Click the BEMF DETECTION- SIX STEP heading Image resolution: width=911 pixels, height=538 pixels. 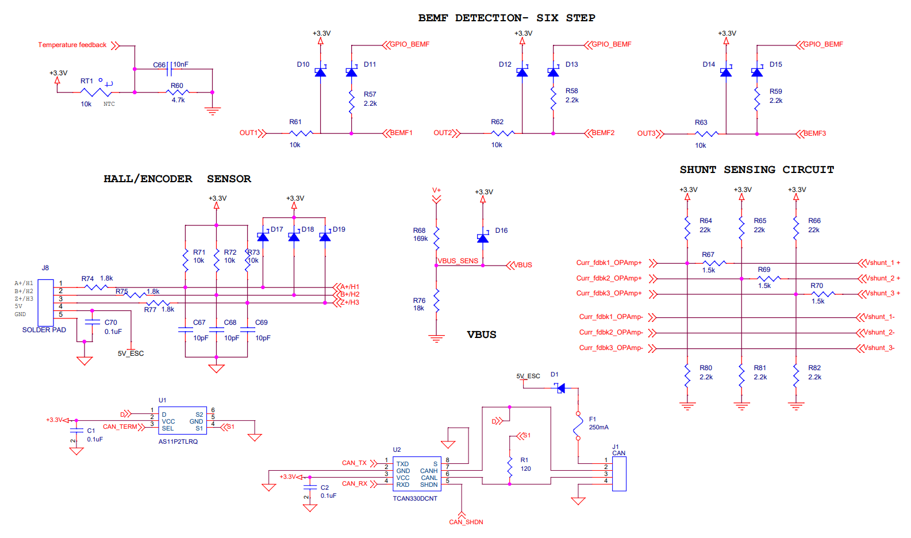pyautogui.click(x=506, y=18)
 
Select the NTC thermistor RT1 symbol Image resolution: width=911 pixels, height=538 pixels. pyautogui.click(x=96, y=92)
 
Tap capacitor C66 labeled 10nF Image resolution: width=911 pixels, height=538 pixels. pyautogui.click(x=169, y=69)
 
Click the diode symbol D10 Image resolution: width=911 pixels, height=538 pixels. pyautogui.click(x=320, y=72)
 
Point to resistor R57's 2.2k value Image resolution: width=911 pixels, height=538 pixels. pyautogui.click(x=370, y=103)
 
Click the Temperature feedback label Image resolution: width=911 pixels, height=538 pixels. pyautogui.click(x=72, y=45)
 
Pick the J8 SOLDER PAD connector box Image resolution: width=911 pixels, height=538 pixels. pyautogui.click(x=45, y=302)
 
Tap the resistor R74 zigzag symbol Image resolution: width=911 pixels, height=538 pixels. pyautogui.click(x=95, y=287)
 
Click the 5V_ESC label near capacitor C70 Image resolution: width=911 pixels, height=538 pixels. pyautogui.click(x=130, y=353)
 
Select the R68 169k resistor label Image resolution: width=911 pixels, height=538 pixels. pyautogui.click(x=420, y=235)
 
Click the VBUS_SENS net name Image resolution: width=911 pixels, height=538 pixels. pyautogui.click(x=458, y=261)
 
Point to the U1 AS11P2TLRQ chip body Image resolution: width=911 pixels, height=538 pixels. pyautogui.click(x=182, y=421)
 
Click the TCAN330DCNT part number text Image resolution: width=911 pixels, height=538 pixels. pyautogui.click(x=415, y=498)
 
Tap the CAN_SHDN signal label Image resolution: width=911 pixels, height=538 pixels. pyautogui.click(x=466, y=522)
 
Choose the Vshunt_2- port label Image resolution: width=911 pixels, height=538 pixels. pyautogui.click(x=879, y=332)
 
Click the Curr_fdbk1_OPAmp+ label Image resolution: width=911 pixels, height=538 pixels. pyautogui.click(x=609, y=263)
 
